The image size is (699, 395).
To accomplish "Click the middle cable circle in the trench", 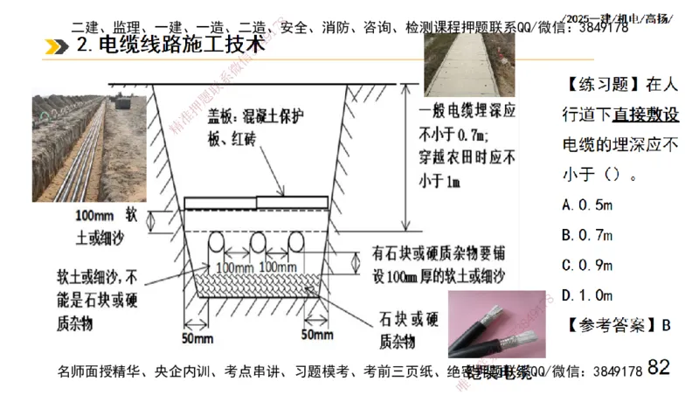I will (258, 240).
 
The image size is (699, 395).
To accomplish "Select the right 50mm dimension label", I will (317, 334).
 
